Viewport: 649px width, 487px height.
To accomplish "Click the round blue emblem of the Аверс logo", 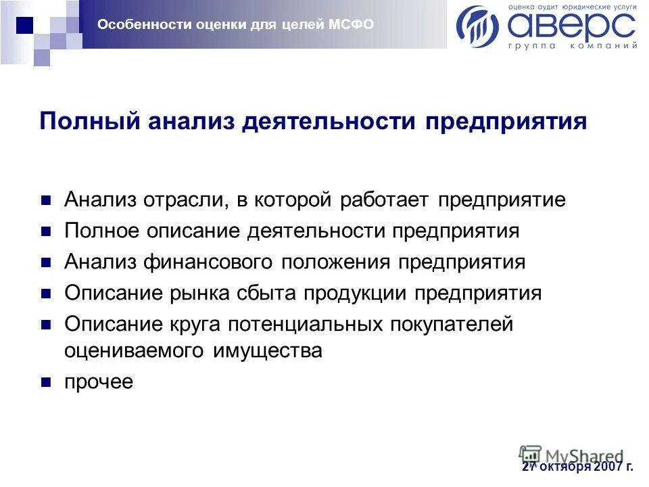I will point(478,26).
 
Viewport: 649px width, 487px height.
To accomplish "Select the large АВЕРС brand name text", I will point(571,26).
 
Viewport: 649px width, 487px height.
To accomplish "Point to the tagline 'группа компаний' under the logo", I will point(572,47).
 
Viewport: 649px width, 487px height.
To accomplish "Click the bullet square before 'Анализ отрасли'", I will point(46,201).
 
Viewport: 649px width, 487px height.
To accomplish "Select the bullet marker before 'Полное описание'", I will point(46,232).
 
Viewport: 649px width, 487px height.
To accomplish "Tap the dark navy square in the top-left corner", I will point(24,24).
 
